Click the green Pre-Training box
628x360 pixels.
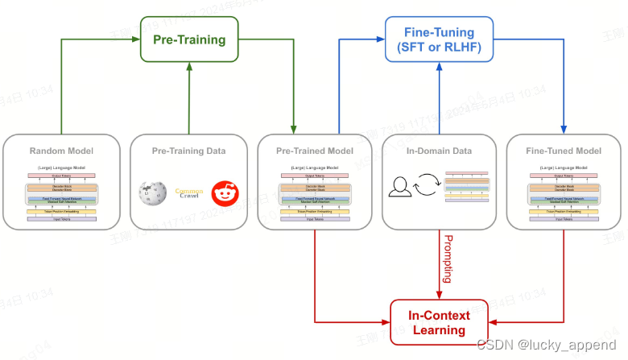click(x=190, y=39)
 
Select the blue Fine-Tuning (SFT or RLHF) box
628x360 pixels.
click(x=438, y=39)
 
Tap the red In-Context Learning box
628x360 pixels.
click(x=440, y=323)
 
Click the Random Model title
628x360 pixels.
click(x=62, y=151)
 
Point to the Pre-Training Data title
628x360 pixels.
click(x=189, y=151)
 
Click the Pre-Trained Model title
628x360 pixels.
click(x=315, y=151)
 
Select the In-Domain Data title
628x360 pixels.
click(x=440, y=151)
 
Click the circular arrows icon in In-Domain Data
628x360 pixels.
click(x=427, y=189)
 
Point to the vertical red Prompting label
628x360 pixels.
click(x=448, y=259)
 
